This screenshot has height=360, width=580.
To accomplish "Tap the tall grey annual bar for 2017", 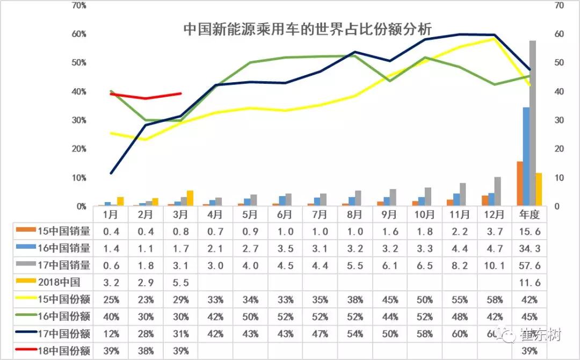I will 533,124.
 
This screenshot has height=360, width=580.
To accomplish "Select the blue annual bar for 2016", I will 526,156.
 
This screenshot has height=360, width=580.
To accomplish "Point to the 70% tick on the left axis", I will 79,5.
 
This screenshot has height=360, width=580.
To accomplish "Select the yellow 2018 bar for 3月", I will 190,198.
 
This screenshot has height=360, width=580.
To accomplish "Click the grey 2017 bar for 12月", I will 497,191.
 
